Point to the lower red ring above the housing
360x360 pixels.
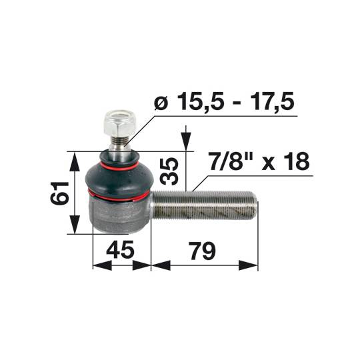click(x=117, y=197)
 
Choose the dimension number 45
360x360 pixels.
click(x=121, y=251)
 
